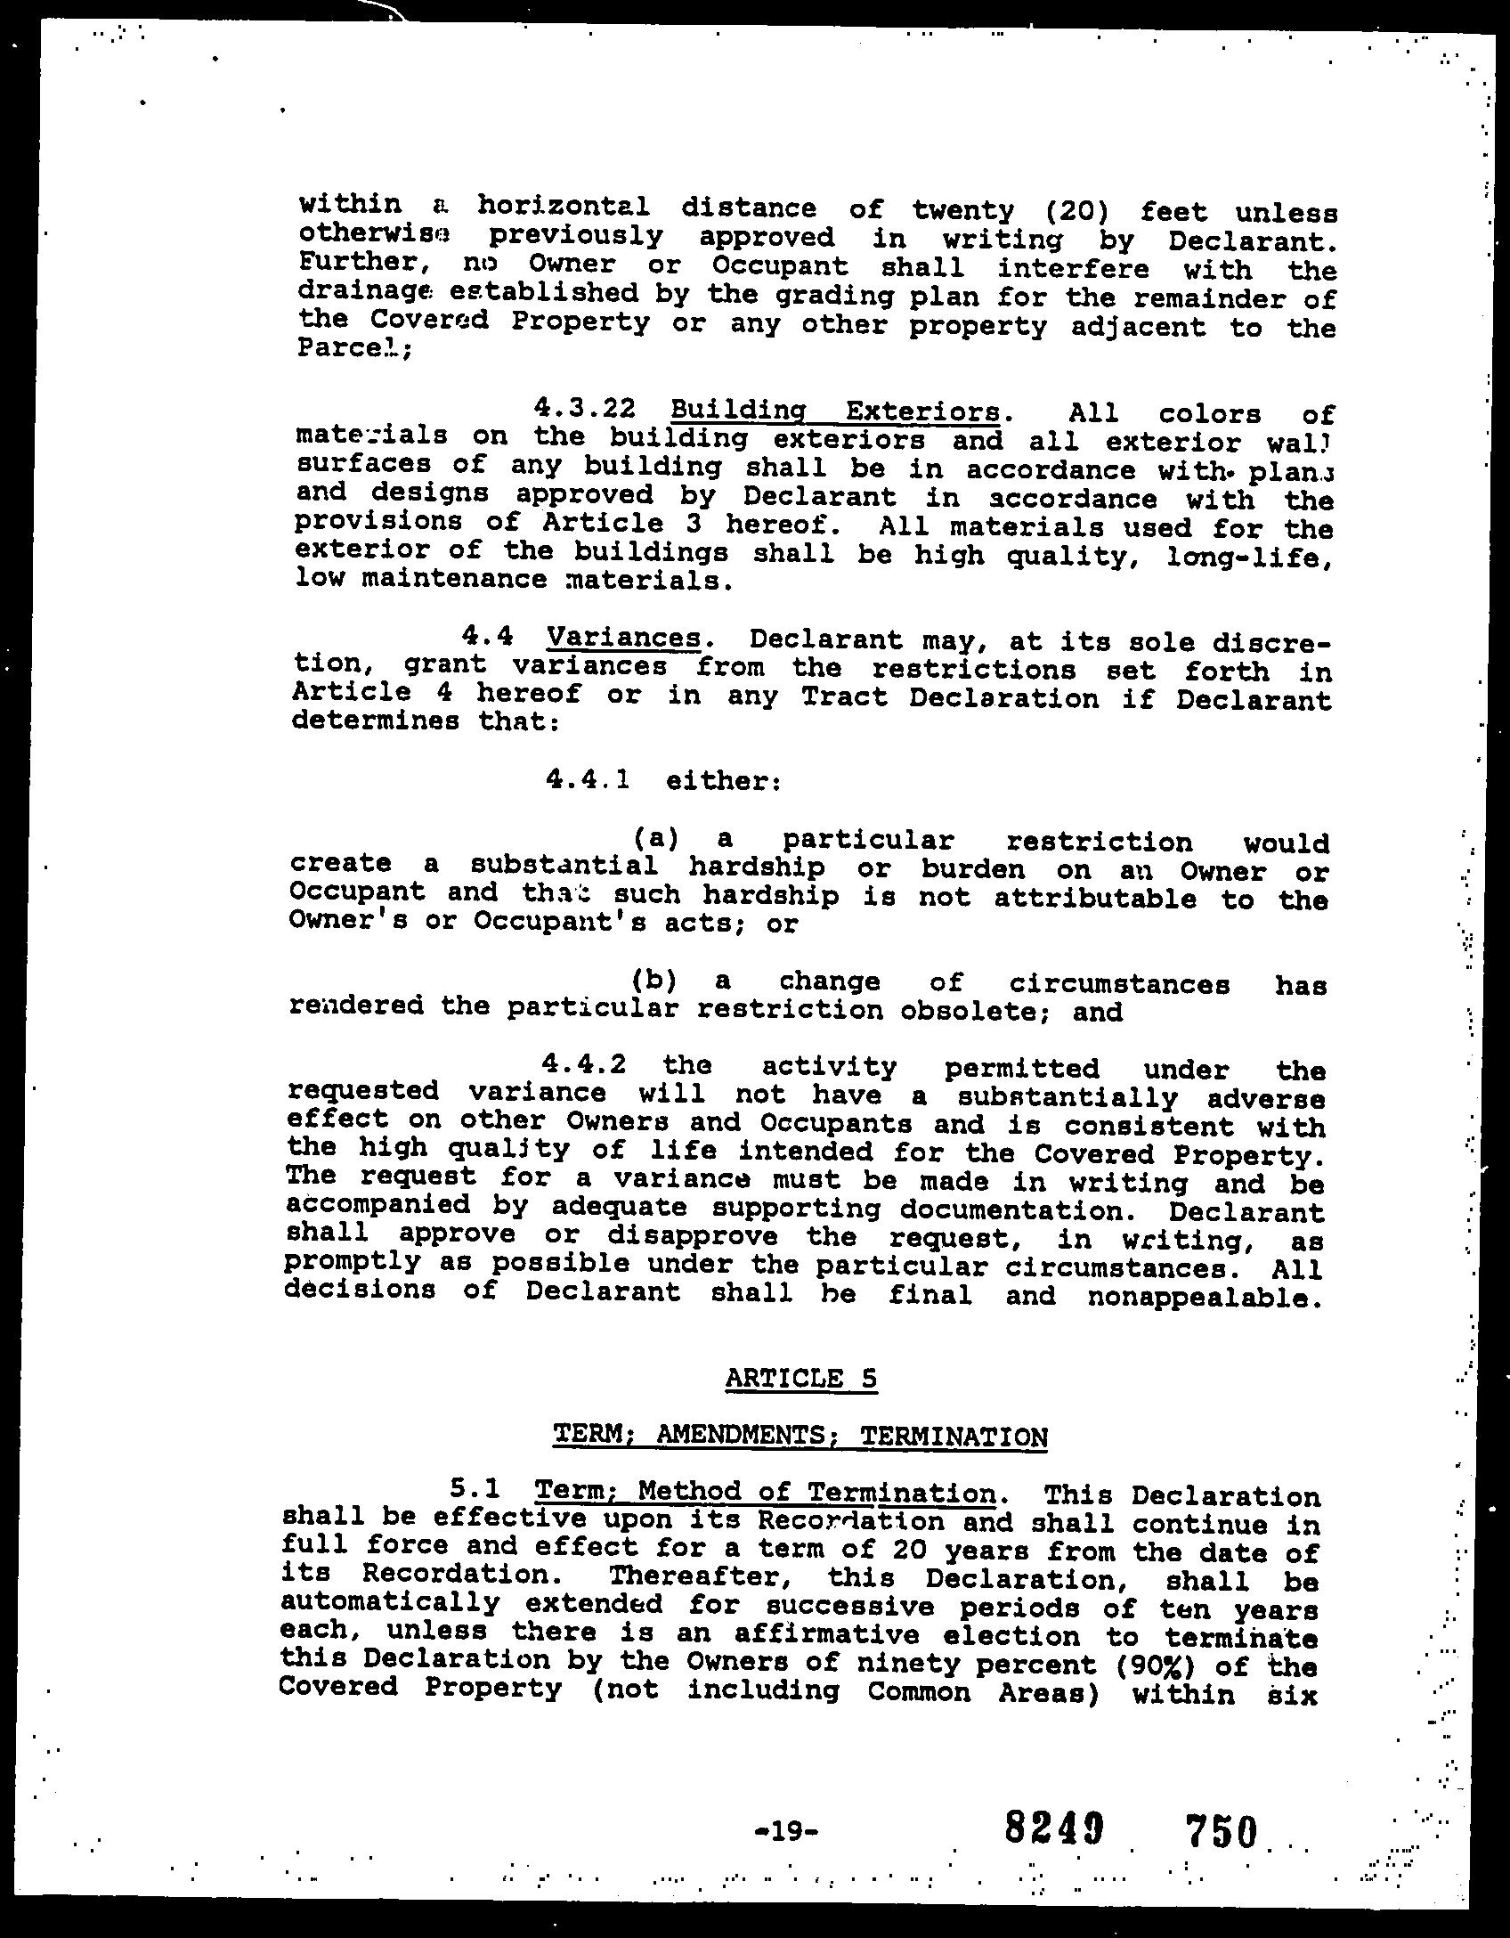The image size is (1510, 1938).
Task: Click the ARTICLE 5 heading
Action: (x=801, y=1379)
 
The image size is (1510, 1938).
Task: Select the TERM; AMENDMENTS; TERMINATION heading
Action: (x=800, y=1436)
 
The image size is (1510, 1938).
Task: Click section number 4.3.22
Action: (x=585, y=409)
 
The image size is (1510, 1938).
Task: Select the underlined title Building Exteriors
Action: (x=835, y=412)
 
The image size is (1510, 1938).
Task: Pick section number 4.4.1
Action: (x=589, y=780)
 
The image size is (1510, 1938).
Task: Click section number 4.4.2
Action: (x=583, y=1065)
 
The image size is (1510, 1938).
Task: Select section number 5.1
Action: (x=475, y=1489)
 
